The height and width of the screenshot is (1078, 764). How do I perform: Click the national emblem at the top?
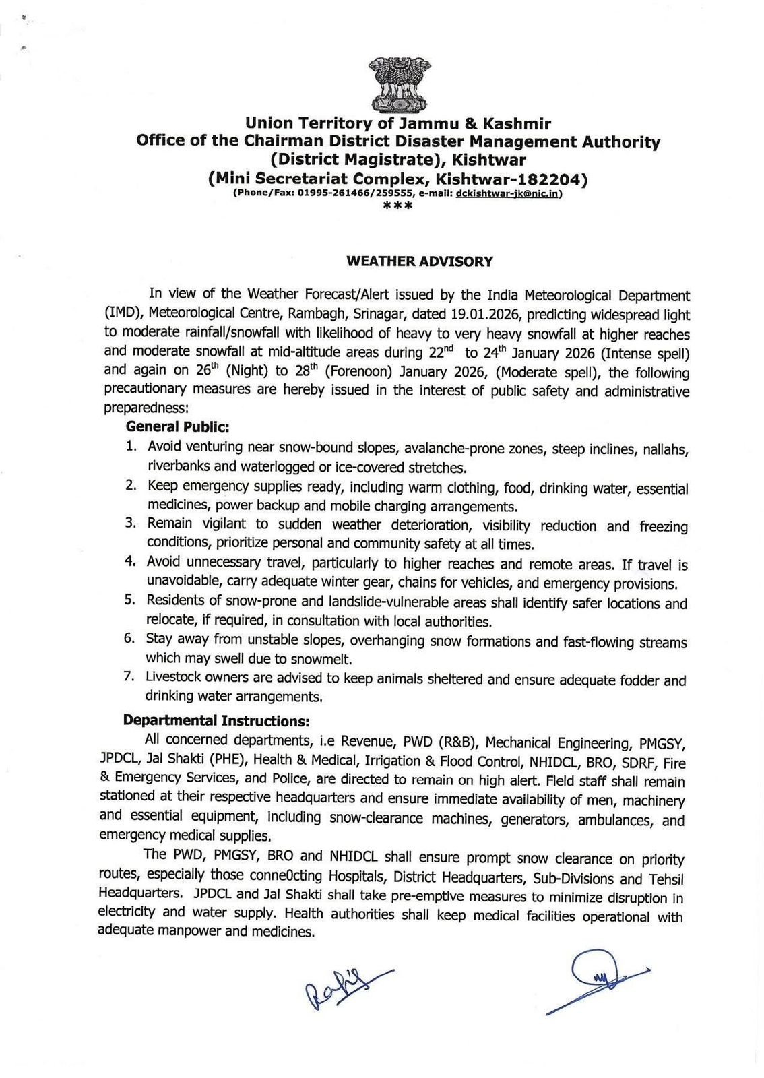(398, 85)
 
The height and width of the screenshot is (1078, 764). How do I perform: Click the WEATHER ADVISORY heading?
(419, 261)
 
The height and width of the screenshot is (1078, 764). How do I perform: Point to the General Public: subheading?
(178, 426)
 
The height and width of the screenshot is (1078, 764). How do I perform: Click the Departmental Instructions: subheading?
(216, 720)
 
